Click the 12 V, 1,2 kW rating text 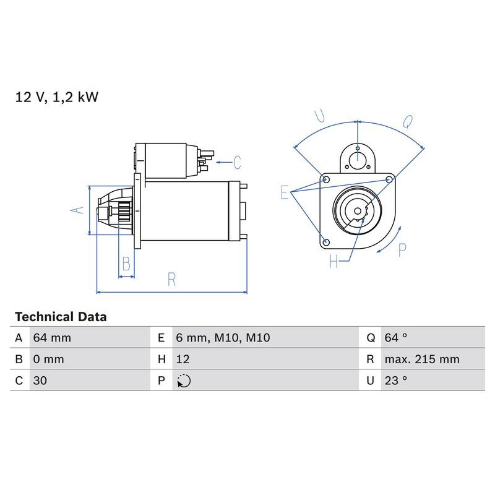pyautogui.click(x=57, y=97)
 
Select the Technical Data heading pyautogui.click(x=61, y=317)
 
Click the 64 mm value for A pyautogui.click(x=53, y=338)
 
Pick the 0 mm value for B pyautogui.click(x=49, y=359)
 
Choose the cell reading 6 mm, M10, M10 pyautogui.click(x=223, y=338)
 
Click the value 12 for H pyautogui.click(x=183, y=359)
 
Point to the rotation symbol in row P pyautogui.click(x=184, y=381)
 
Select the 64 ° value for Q pyautogui.click(x=395, y=338)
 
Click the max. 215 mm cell pyautogui.click(x=421, y=359)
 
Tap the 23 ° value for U pyautogui.click(x=395, y=381)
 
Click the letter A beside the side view pyautogui.click(x=76, y=210)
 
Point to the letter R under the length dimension pyautogui.click(x=171, y=280)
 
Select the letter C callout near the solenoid pyautogui.click(x=237, y=163)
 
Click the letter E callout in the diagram pyautogui.click(x=285, y=192)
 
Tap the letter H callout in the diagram pyautogui.click(x=334, y=262)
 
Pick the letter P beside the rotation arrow pyautogui.click(x=402, y=250)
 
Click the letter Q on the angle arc pyautogui.click(x=408, y=122)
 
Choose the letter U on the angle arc pyautogui.click(x=320, y=116)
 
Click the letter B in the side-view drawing pyautogui.click(x=126, y=264)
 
